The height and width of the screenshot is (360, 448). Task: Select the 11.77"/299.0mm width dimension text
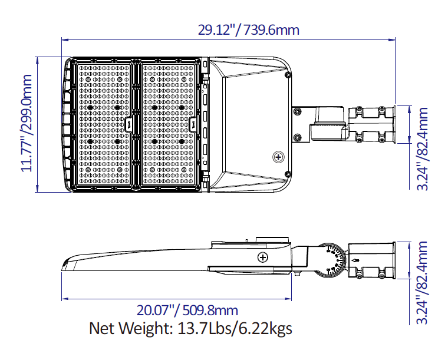(27, 124)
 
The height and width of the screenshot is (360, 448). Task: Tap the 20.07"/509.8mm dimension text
(187, 311)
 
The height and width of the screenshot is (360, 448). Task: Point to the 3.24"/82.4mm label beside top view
(423, 148)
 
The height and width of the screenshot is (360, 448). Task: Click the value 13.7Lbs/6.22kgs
(236, 328)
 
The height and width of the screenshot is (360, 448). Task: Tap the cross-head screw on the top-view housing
(278, 157)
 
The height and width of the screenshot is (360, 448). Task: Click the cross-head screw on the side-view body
(262, 257)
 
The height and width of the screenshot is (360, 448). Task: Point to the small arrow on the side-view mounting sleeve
(355, 260)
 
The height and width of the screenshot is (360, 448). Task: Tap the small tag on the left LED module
(130, 124)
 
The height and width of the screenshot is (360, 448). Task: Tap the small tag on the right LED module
(193, 124)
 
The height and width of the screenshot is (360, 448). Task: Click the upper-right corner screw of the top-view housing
(287, 75)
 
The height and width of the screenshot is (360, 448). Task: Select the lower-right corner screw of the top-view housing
(287, 174)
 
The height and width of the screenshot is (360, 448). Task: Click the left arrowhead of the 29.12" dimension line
(64, 39)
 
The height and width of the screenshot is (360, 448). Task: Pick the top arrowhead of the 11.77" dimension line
(38, 59)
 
